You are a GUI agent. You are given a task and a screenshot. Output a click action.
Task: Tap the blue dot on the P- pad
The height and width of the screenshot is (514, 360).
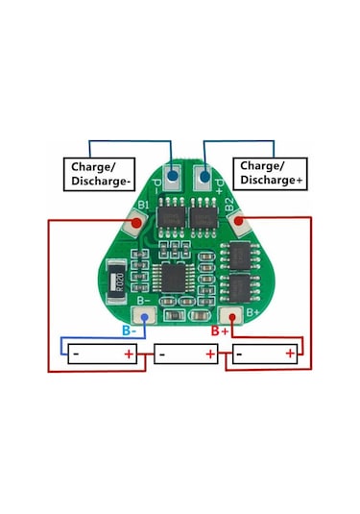click(173, 176)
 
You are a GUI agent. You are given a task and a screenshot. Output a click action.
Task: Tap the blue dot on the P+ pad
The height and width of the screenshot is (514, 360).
click(203, 176)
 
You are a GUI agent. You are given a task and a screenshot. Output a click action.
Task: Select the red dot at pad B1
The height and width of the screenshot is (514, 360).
click(137, 224)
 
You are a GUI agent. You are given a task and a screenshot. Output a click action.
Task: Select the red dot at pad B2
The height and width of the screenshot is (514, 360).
click(235, 223)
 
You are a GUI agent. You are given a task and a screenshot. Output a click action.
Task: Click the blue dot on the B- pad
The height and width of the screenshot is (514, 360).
click(144, 316)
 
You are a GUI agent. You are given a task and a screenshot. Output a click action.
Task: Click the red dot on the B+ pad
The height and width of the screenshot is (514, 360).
click(230, 316)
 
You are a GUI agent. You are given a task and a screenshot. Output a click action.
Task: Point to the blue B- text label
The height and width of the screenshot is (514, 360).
click(128, 330)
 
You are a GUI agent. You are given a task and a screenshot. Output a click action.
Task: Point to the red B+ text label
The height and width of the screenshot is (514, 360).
click(219, 330)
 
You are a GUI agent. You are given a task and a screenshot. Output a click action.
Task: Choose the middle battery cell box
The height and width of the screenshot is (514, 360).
click(185, 355)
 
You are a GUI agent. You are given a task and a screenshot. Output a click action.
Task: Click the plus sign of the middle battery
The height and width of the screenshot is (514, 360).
click(209, 355)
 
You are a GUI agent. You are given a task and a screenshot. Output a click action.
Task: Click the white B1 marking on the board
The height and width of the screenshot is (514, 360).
click(143, 205)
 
